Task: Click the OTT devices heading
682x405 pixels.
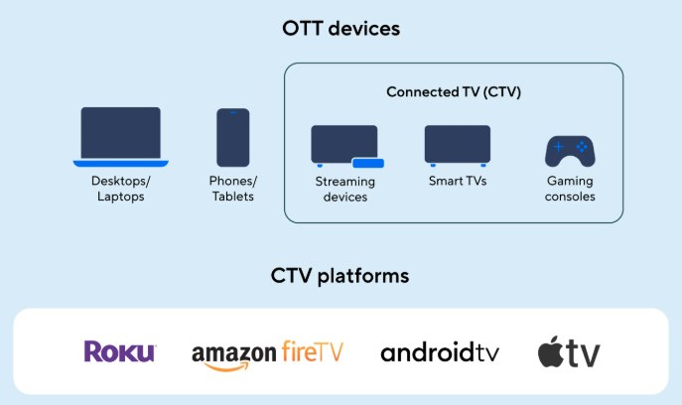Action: tap(341, 28)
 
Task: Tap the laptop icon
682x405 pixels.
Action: tap(120, 135)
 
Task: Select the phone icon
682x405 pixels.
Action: tap(233, 137)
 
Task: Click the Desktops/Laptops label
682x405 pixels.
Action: tap(120, 189)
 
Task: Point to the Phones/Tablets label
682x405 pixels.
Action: tap(233, 189)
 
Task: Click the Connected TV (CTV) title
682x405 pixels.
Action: tap(454, 92)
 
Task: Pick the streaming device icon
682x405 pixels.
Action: tap(345, 146)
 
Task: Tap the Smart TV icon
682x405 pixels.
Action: tap(458, 145)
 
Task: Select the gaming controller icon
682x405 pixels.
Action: tap(570, 149)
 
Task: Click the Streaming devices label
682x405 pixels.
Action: tap(345, 190)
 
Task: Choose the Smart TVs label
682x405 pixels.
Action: tap(458, 182)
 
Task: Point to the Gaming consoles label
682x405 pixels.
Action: tap(570, 189)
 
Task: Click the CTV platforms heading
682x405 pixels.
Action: tap(341, 275)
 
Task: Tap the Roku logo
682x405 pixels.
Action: tap(120, 351)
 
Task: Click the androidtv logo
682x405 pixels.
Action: tap(440, 352)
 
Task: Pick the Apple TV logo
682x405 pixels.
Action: tap(569, 352)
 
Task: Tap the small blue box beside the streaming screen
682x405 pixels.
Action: tap(367, 162)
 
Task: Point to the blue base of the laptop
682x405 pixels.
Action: tap(120, 163)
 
